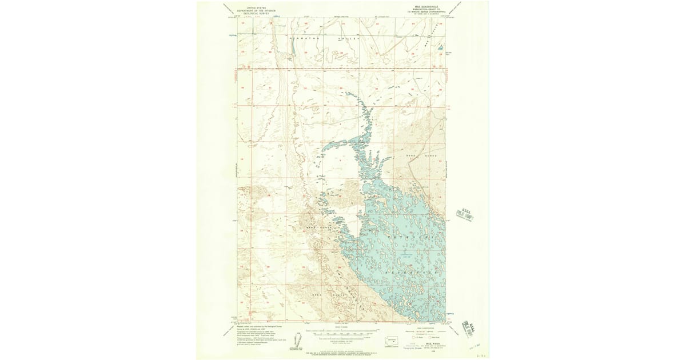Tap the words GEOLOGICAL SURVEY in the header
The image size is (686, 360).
(x=256, y=13)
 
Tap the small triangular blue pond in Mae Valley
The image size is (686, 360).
(x=441, y=47)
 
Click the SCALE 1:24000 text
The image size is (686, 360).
(x=342, y=327)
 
